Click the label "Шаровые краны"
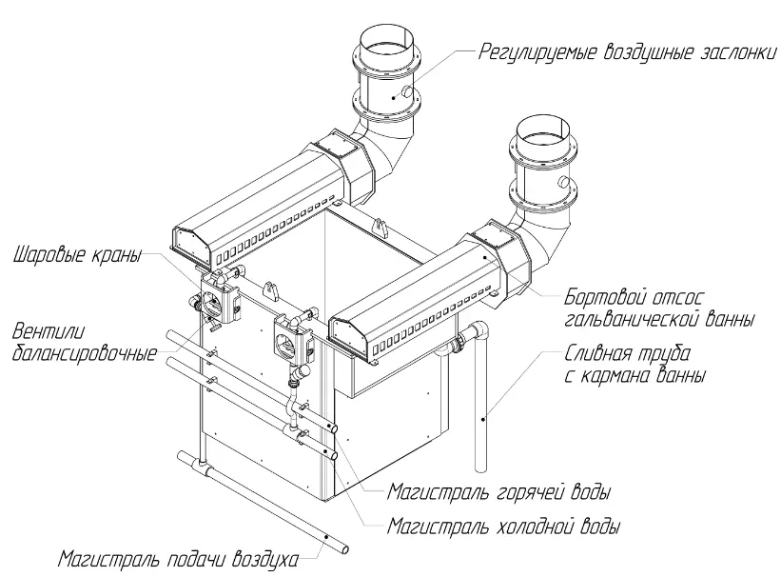tap(77, 255)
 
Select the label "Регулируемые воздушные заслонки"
tap(628, 51)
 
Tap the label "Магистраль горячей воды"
tap(499, 492)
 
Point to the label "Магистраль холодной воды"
tap(504, 527)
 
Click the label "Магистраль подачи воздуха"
tap(178, 559)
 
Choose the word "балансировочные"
tap(84, 353)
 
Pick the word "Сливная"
tap(596, 353)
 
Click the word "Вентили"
tap(49, 331)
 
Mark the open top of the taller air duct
tap(386, 35)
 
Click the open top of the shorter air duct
tap(542, 129)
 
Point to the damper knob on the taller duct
tap(407, 91)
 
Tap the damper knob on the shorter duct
tap(564, 182)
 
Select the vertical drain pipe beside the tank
tap(480, 400)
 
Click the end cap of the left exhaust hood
tap(189, 246)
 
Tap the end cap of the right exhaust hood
tap(349, 339)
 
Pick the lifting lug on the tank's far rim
tap(381, 226)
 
